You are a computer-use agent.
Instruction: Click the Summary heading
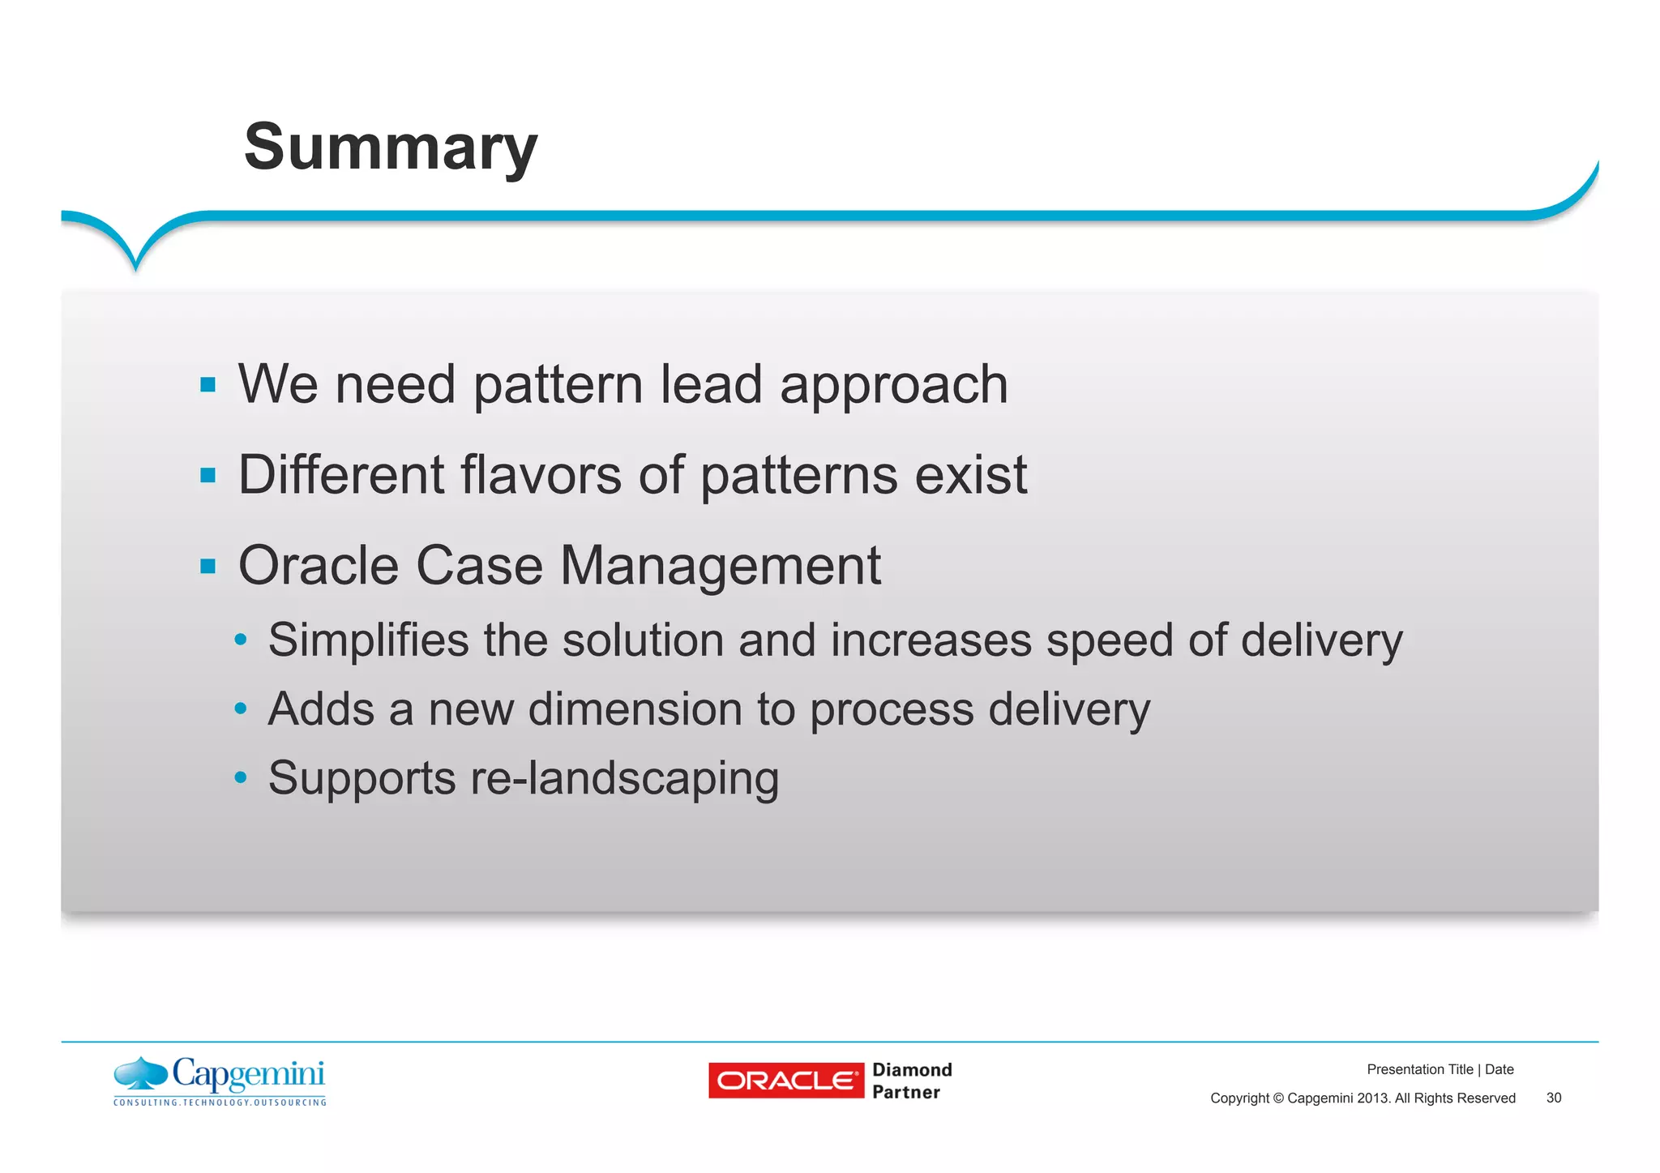pyautogui.click(x=391, y=148)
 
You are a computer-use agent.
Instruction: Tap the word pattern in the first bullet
pyautogui.click(x=558, y=384)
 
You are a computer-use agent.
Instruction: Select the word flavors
pyautogui.click(x=542, y=475)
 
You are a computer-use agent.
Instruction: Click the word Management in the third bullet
pyautogui.click(x=720, y=566)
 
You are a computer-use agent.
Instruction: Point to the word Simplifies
pyautogui.click(x=368, y=640)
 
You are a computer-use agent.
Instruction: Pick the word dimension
pyautogui.click(x=635, y=709)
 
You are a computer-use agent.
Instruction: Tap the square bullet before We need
pyautogui.click(x=208, y=384)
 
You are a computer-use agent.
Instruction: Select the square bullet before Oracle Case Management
pyautogui.click(x=208, y=566)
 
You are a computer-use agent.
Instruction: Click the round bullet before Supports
pyautogui.click(x=240, y=778)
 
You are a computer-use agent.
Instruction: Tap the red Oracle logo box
pyautogui.click(x=785, y=1081)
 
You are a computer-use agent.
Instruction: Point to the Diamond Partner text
pyautogui.click(x=911, y=1081)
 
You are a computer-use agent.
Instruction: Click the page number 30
pyautogui.click(x=1553, y=1098)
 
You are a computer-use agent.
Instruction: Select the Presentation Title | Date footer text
pyautogui.click(x=1440, y=1069)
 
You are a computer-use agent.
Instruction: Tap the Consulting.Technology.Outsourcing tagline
pyautogui.click(x=220, y=1102)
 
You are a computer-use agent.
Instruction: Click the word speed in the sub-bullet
pyautogui.click(x=1110, y=640)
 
